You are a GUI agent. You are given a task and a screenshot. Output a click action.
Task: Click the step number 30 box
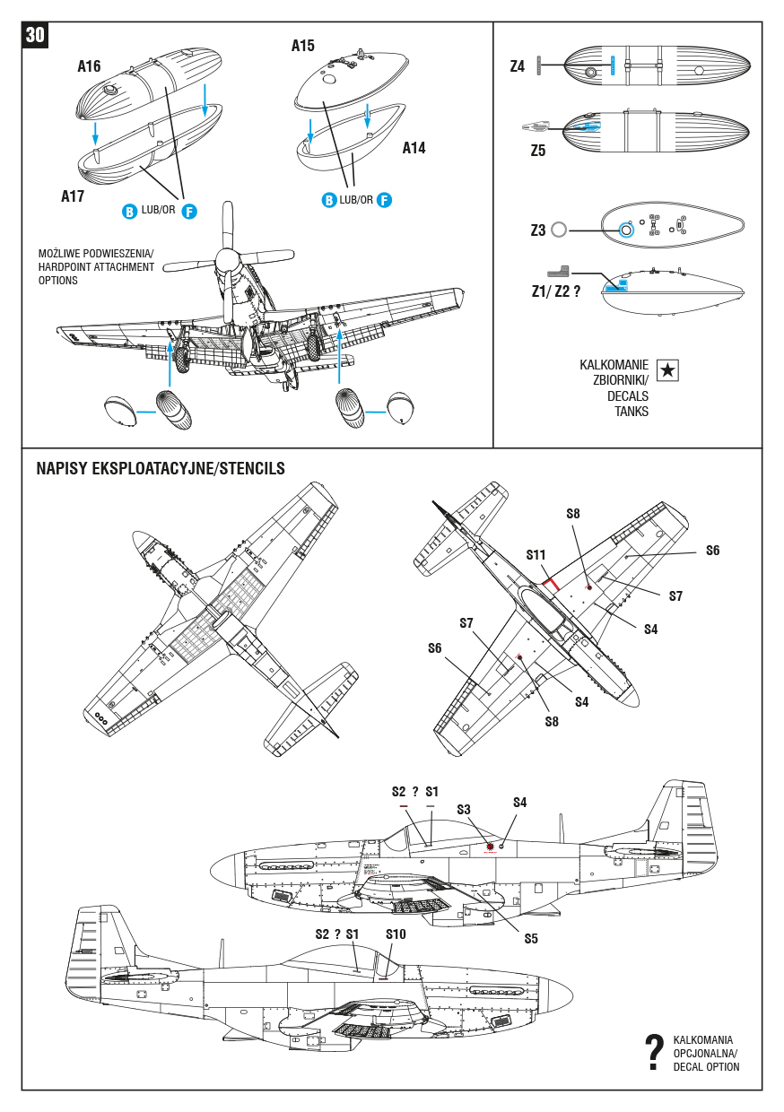[35, 35]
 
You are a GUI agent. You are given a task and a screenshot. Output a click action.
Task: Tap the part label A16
[89, 66]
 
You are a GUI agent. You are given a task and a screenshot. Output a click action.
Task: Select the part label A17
[73, 196]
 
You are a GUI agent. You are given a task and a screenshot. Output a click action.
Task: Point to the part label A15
[303, 45]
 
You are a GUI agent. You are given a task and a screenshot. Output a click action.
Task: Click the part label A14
[414, 148]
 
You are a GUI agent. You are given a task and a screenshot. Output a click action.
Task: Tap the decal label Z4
[518, 66]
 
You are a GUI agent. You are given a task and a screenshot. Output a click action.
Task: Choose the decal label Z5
[537, 151]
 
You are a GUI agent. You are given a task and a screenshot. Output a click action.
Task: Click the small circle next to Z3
[560, 230]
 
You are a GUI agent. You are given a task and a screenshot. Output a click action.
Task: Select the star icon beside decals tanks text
[667, 370]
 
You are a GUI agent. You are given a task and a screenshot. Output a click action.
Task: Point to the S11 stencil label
[536, 555]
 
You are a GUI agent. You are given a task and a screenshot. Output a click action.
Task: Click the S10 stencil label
[396, 934]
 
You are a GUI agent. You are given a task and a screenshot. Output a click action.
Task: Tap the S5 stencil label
[531, 938]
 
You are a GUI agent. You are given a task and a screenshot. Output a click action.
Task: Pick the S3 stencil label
[463, 809]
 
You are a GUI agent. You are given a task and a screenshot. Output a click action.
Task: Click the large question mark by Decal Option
[655, 1053]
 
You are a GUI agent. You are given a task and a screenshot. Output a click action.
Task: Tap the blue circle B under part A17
[129, 212]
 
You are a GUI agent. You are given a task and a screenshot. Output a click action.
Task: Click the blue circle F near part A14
[384, 200]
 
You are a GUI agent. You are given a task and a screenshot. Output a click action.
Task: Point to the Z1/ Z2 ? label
[550, 291]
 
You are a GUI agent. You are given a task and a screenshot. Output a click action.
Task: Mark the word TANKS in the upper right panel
[632, 412]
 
